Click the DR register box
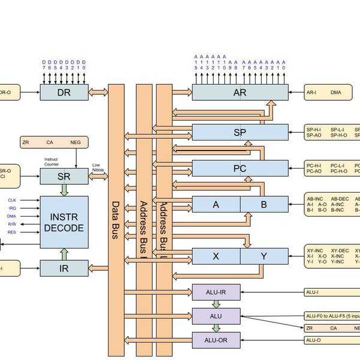pos(64,92)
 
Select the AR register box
pos(239,92)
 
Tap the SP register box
pos(239,132)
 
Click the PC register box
pos(239,168)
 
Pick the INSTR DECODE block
pos(64,222)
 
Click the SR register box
pos(64,176)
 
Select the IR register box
pos(64,268)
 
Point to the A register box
pos(216,205)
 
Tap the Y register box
pos(263,256)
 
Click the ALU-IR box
pos(215,292)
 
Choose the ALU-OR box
pos(215,340)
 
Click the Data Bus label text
pos(116,220)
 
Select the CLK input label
pos(12,200)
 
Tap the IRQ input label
pos(12,208)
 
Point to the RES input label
pos(12,232)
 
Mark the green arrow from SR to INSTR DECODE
pos(64,190)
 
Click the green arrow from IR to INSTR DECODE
pos(64,254)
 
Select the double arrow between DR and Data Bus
pos(98,92)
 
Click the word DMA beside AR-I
pos(336,92)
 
